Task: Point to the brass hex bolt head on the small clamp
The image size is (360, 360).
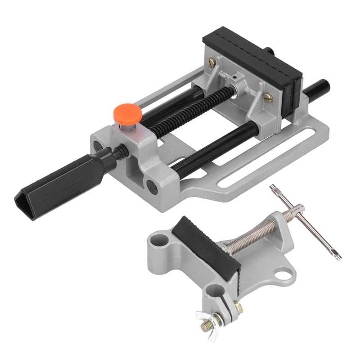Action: tap(237, 308)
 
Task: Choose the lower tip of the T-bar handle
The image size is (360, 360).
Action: tap(337, 256)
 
